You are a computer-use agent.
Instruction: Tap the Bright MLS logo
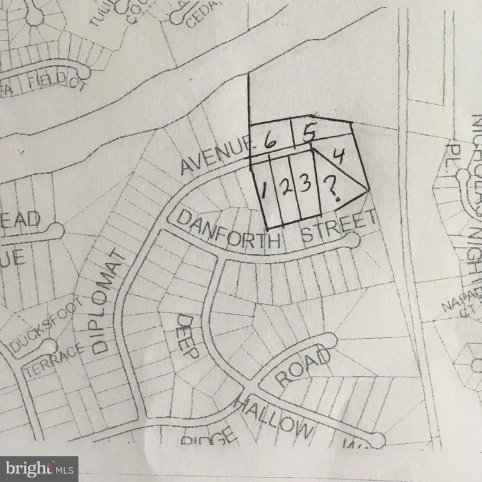coord(39,468)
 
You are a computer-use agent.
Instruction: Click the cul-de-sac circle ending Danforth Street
coord(351,240)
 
